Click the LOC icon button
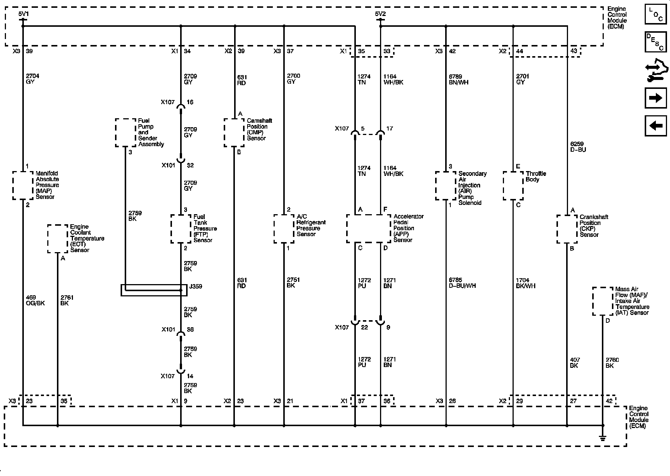pos(655,15)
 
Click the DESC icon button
pos(655,42)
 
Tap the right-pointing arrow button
pos(655,98)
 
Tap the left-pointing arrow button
pos(655,126)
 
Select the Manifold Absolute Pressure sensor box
pos(23,185)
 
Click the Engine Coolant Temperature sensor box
pos(58,238)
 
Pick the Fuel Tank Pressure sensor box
pos(181,228)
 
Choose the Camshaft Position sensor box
pos(234,133)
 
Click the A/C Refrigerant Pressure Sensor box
pos(284,228)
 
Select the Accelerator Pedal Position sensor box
pos(368,228)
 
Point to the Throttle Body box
pos(513,185)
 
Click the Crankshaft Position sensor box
pos(567,229)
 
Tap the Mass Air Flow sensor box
pos(602,301)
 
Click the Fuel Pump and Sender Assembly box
pos(125,133)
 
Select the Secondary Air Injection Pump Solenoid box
pos(446,185)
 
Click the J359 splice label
pos(195,287)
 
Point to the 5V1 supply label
pos(23,14)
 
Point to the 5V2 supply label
pos(380,14)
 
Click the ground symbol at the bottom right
pos(603,438)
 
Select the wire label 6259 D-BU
pos(578,147)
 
